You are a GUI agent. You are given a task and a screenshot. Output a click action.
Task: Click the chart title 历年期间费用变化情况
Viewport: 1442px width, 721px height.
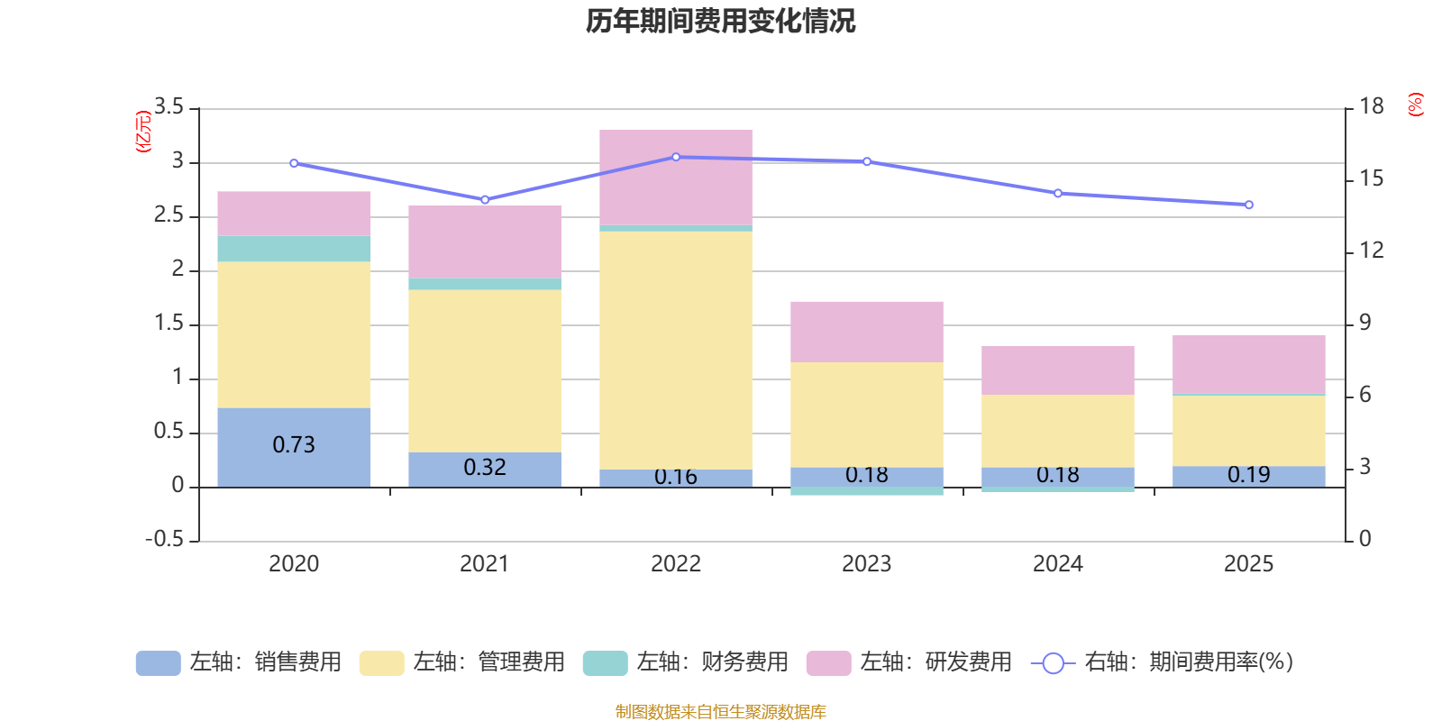coord(720,22)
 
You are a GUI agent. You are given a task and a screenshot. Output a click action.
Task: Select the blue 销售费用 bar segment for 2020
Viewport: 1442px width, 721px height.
coord(294,447)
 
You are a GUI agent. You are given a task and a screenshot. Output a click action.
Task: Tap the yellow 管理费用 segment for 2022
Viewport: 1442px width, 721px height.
coord(676,351)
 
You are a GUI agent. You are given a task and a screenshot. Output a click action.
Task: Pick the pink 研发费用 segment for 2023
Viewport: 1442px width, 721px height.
coord(867,333)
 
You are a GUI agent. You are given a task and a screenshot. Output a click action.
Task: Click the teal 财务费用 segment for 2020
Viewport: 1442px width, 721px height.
coord(294,249)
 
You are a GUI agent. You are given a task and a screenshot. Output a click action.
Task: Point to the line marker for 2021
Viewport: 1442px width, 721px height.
coord(486,199)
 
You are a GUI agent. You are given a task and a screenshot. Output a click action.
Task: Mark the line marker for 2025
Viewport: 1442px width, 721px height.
coord(1249,205)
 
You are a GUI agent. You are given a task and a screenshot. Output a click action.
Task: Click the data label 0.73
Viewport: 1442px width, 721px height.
coord(294,445)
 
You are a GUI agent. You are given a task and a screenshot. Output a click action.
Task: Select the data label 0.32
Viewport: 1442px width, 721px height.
coord(485,468)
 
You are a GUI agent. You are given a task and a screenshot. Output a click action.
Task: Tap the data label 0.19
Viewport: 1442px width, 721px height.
coord(1249,474)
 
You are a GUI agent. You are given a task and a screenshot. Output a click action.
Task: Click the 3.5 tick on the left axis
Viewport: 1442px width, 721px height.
coord(169,106)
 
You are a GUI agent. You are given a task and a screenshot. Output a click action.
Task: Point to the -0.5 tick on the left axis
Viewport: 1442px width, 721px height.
coord(165,539)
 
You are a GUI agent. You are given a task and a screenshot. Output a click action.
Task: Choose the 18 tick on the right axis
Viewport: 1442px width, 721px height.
coord(1371,106)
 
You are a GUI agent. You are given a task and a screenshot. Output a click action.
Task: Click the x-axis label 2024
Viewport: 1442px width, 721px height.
coord(1058,564)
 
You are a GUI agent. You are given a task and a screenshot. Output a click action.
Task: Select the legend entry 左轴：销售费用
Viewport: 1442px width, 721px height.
coord(239,662)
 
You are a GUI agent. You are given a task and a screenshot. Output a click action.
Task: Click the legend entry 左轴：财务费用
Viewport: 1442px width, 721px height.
coord(686,662)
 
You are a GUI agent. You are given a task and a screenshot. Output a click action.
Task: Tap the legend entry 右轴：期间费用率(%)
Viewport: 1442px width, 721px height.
coord(1162,662)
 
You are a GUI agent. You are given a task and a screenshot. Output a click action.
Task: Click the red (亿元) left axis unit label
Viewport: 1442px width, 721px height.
coord(143,132)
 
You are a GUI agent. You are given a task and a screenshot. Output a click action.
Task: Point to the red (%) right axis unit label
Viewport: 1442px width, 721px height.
coord(1415,105)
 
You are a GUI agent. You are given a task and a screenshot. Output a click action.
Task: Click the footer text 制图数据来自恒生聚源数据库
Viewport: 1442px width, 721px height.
coord(720,711)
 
